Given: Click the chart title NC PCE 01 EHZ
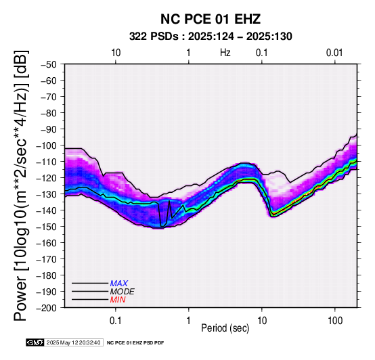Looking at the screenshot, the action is [211, 19].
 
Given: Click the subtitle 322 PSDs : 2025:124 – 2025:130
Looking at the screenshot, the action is [211, 37].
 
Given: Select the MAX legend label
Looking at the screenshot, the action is [118, 284].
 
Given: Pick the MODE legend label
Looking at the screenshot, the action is [123, 292].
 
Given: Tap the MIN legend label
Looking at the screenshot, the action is [118, 300].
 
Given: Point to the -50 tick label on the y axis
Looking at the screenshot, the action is [49, 64].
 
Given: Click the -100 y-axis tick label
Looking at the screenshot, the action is [47, 145].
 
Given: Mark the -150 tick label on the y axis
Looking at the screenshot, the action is [47, 227].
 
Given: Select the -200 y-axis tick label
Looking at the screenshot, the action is [47, 308].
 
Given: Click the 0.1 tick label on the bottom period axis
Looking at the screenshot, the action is [116, 321].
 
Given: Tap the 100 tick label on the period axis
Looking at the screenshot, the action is [335, 321].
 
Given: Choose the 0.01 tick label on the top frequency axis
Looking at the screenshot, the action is [334, 53].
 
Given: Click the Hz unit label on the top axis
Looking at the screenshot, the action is [225, 53].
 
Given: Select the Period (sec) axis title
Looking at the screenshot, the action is [225, 328].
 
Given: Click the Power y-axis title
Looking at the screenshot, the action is [21, 186].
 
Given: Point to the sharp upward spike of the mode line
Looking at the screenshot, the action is [169, 201].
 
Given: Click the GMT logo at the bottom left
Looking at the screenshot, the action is [35, 342].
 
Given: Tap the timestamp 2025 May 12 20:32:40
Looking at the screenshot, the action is [73, 342].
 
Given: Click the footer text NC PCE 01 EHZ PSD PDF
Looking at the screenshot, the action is [135, 343].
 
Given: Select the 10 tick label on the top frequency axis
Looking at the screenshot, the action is [116, 53].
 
